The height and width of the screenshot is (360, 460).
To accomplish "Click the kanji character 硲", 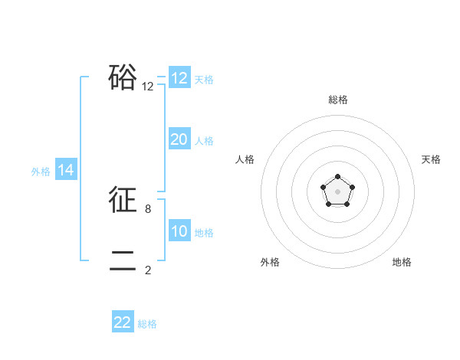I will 123,77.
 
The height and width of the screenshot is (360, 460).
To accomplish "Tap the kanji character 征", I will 123,201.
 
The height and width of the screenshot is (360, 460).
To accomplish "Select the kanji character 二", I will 123,261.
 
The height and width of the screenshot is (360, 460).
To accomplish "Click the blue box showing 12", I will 179,78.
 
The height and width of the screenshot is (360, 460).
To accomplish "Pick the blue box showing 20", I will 179,139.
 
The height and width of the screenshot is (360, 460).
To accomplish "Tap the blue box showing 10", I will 179,231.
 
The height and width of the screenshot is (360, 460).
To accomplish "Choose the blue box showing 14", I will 66,170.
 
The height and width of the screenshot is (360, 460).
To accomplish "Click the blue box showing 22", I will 123,322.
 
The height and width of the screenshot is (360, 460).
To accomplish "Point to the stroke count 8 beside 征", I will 148,208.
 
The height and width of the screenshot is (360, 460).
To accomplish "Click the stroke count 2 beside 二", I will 148,270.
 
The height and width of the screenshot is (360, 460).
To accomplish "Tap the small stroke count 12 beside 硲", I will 148,87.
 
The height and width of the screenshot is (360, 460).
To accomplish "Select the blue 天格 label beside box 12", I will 204,80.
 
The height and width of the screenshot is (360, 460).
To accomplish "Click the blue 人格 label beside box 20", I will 204,141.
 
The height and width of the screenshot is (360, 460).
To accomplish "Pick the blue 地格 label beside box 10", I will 204,233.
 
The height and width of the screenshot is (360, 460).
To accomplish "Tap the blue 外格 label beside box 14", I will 41,172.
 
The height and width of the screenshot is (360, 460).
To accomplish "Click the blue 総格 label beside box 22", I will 147,324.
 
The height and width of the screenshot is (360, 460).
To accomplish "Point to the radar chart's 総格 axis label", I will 338,100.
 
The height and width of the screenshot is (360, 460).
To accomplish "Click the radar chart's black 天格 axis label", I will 432,159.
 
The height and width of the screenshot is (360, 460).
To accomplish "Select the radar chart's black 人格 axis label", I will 245,159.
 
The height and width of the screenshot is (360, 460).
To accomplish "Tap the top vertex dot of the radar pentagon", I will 338,177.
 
